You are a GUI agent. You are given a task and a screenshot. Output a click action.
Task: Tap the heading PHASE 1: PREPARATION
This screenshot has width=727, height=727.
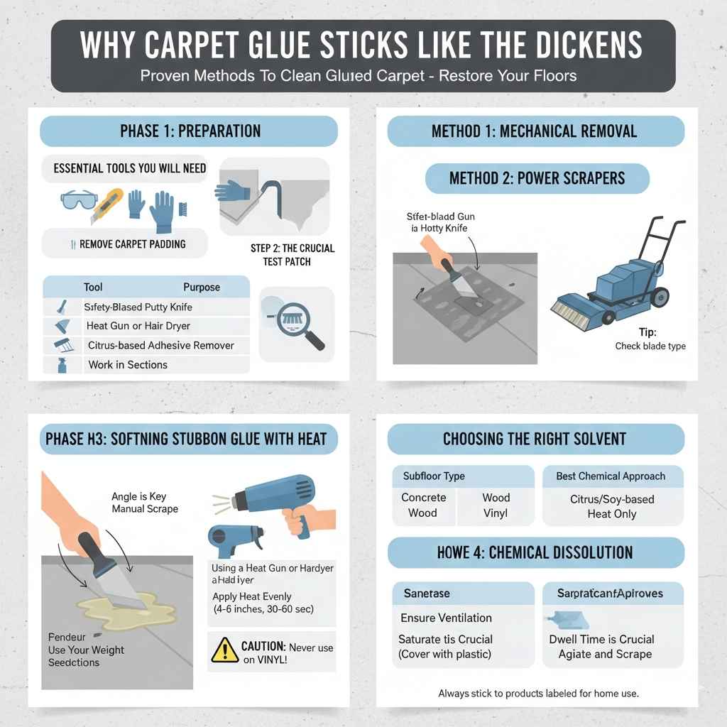(190, 131)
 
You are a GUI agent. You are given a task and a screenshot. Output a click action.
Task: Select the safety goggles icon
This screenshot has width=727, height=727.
(78, 202)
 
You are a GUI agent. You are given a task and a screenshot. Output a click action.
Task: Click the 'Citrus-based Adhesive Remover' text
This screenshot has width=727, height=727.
(160, 346)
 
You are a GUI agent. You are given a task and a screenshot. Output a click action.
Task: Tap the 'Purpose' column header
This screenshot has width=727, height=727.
(201, 288)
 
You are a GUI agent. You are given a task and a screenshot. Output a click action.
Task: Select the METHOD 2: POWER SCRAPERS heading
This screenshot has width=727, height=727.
(537, 177)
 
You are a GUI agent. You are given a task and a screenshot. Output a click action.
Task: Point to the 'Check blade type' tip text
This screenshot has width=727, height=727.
(650, 346)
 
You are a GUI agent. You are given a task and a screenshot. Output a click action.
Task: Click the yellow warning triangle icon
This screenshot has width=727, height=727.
(225, 649)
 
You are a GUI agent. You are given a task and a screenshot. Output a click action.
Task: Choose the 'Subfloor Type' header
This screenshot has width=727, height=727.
(434, 476)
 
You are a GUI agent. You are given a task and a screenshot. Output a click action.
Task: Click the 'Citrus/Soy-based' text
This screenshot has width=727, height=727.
(611, 499)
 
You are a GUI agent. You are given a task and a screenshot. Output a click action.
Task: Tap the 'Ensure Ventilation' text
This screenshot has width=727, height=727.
(446, 618)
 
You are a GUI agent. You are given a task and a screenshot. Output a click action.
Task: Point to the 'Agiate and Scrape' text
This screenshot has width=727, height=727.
(605, 654)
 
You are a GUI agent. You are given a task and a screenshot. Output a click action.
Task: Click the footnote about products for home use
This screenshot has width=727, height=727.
(538, 693)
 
